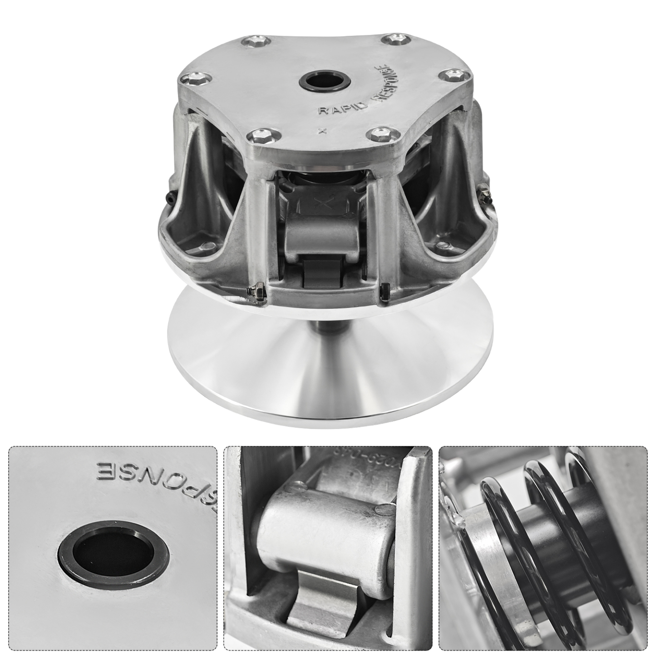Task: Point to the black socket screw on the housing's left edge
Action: (170, 196)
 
